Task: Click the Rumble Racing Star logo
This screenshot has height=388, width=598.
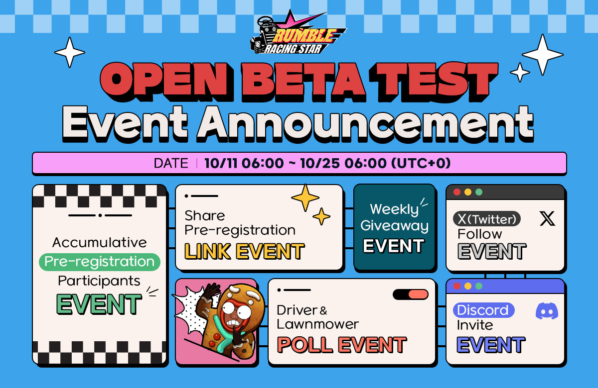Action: pos(298,32)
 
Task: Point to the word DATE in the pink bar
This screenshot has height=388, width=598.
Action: pos(171,163)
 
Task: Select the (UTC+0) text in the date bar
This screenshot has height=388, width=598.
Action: pos(421,163)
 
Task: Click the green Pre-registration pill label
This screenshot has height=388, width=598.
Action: pos(100,262)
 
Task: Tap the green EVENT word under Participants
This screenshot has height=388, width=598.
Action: pos(99,304)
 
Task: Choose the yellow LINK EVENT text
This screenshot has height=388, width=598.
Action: pos(244,251)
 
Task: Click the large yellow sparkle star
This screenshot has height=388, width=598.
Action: pos(305,197)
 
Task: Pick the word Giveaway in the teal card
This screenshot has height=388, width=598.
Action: pos(394,226)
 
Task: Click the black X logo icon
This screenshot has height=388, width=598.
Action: pos(547,218)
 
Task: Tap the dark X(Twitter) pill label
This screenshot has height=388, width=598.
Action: pos(487,219)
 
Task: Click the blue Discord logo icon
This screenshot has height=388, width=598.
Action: pos(547,311)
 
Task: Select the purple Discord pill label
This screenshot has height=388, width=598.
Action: pos(484,310)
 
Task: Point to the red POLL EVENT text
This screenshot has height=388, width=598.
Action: pos(342,345)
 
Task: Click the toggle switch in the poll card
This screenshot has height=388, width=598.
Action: pos(411,294)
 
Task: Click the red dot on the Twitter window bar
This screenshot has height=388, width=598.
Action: pos(457,192)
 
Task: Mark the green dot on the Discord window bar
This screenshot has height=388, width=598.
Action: pos(479,286)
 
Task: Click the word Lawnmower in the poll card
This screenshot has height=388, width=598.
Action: pos(318,324)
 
